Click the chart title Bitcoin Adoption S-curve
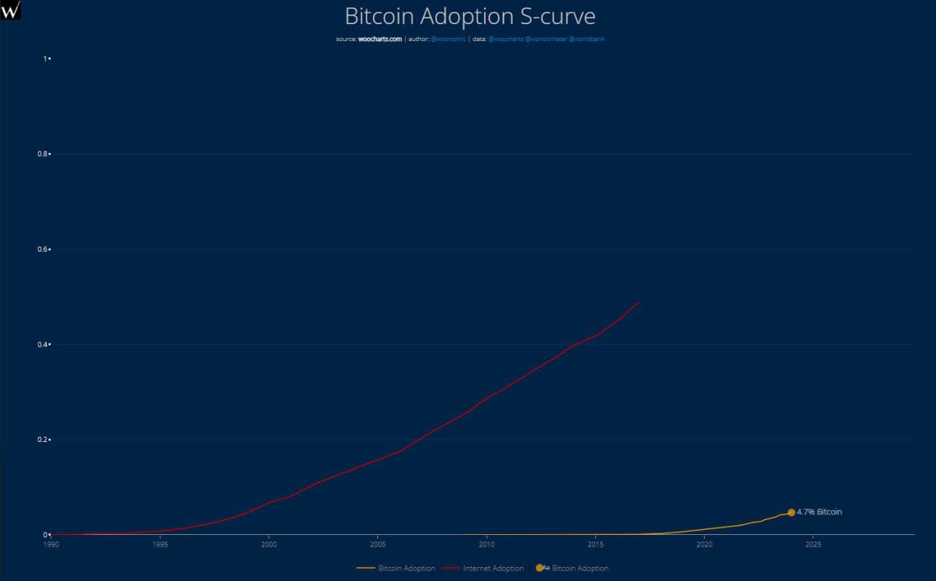pyautogui.click(x=469, y=16)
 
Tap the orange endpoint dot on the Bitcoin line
pyautogui.click(x=791, y=512)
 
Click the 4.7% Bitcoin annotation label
pyautogui.click(x=819, y=512)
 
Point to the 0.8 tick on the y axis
pyautogui.click(x=45, y=154)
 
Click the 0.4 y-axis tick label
pyautogui.click(x=45, y=345)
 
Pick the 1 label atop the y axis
pyautogui.click(x=46, y=59)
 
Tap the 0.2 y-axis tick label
pyautogui.click(x=45, y=440)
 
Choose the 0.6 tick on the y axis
pyautogui.click(x=45, y=250)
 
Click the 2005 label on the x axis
pyautogui.click(x=377, y=544)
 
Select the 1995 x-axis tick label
pyautogui.click(x=160, y=544)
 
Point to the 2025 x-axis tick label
pyautogui.click(x=812, y=544)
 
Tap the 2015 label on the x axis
pyautogui.click(x=595, y=544)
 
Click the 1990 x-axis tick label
pyautogui.click(x=51, y=544)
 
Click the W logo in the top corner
pyautogui.click(x=11, y=10)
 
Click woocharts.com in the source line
pyautogui.click(x=380, y=40)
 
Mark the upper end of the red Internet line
pyautogui.click(x=639, y=301)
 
